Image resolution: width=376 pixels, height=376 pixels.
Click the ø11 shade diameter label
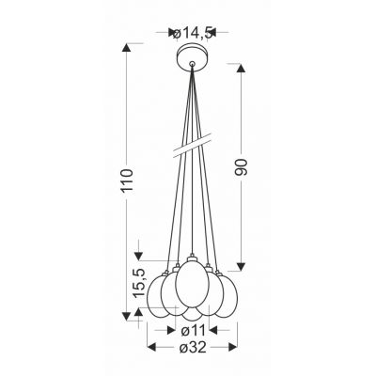(x=192, y=331)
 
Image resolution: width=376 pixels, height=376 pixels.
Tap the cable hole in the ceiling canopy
(x=192, y=64)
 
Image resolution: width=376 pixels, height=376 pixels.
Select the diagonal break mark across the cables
(x=192, y=146)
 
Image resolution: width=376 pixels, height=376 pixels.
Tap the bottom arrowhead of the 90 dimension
(x=243, y=266)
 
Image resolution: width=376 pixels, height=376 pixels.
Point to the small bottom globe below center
(x=192, y=314)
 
